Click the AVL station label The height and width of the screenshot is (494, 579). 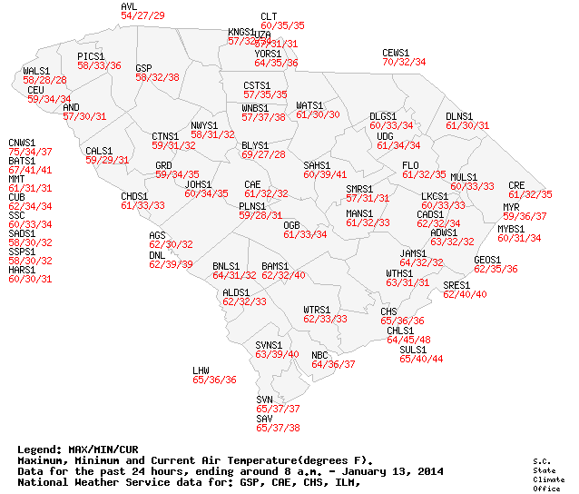point(129,6)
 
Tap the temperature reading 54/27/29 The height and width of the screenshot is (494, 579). point(142,15)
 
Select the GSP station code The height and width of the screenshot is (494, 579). point(143,68)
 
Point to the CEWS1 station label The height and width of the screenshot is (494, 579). point(396,53)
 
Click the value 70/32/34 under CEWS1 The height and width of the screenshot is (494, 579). point(404,62)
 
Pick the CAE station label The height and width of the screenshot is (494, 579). point(252,184)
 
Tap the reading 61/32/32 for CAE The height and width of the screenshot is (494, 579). point(266,193)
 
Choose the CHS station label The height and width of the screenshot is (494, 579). point(388,311)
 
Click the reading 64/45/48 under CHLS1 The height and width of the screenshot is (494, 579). point(408,340)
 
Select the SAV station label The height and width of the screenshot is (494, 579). point(264,419)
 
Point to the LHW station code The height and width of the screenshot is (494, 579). point(201,370)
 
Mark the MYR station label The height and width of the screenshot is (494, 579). point(511,207)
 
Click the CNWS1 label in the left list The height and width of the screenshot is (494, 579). point(22,143)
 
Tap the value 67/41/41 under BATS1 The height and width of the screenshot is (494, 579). point(30,170)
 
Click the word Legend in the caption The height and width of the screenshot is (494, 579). point(39,449)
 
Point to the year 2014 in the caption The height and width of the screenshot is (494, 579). point(428,472)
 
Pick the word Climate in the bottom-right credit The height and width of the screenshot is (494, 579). point(544,479)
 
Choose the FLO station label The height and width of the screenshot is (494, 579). point(410,165)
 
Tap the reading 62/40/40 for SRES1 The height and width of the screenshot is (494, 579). point(465,294)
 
